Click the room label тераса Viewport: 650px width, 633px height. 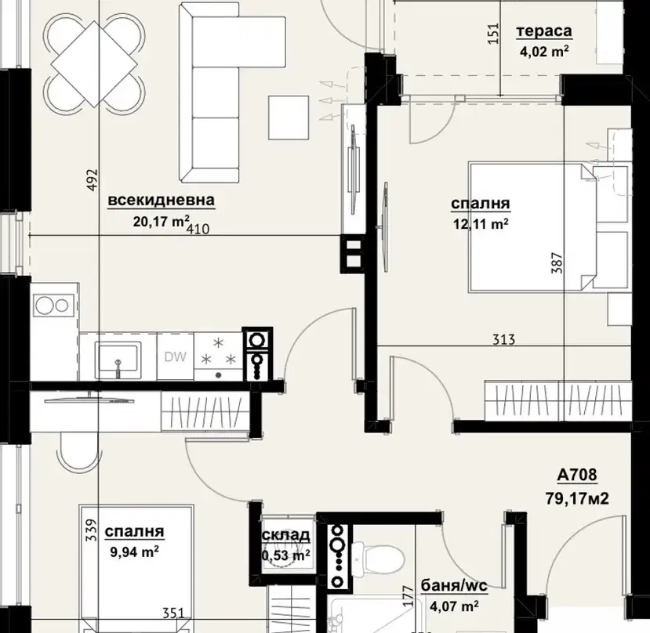pos(544,31)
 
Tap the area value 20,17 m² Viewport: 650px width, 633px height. pos(162,221)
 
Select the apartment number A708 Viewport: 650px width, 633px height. pos(576,475)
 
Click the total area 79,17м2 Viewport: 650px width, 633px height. pos(577,499)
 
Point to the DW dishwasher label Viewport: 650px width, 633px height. pos(176,356)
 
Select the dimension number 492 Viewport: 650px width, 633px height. pos(93,179)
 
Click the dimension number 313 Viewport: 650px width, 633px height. pos(504,340)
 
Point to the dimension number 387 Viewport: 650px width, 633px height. pos(557,262)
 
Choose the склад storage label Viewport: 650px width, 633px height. pos(286,535)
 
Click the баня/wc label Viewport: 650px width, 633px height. pos(453,586)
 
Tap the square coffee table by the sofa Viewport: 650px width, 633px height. pos(289,118)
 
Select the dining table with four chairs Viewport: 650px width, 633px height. pos(95,63)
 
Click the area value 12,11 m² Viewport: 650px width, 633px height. pos(481,224)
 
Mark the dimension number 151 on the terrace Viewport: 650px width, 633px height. pos(493,33)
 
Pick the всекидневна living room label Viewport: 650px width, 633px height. pos(162,200)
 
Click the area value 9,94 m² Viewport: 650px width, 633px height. pos(134,552)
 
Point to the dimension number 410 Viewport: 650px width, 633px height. pos(198,229)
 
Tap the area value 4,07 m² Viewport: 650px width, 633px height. pos(454,606)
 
